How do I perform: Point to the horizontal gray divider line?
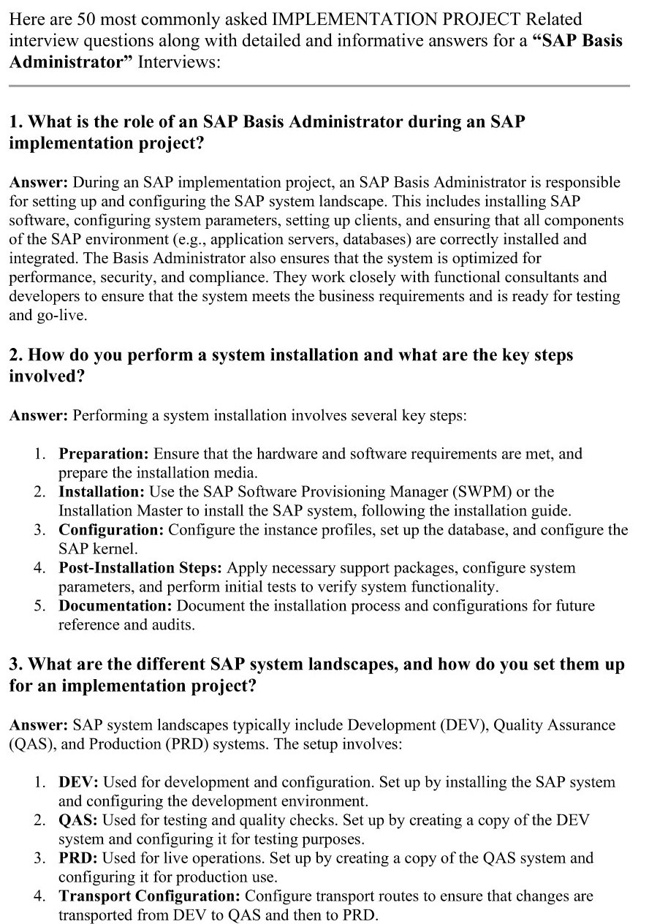tap(319, 86)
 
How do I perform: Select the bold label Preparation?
tap(104, 454)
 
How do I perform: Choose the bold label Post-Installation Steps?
tap(141, 568)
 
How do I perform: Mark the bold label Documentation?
tap(115, 606)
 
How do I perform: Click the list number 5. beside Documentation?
tap(40, 606)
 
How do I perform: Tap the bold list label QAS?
tap(78, 820)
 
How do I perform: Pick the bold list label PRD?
tap(78, 858)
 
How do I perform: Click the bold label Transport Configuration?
tap(150, 896)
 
